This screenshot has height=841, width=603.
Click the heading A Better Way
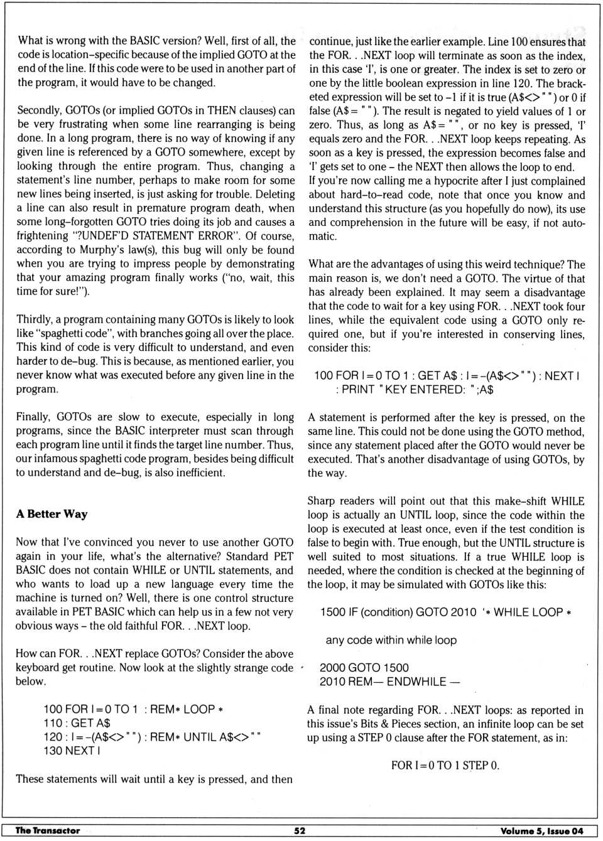pos(52,514)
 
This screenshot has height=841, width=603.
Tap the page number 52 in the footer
pos(300,830)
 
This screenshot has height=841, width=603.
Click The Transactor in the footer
pos(48,830)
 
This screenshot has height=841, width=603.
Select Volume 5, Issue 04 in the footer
pos(541,831)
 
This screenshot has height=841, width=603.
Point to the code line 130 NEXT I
pos(72,751)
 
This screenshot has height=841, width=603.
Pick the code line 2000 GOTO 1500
pos(364,668)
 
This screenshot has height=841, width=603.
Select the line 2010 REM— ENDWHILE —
pos(389,682)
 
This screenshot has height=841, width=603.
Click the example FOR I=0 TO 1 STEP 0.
pos(445,765)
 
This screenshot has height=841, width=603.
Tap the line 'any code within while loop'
pos(391,640)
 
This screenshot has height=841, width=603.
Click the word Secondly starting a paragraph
pos(41,110)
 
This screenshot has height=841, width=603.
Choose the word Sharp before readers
pos(323,501)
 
